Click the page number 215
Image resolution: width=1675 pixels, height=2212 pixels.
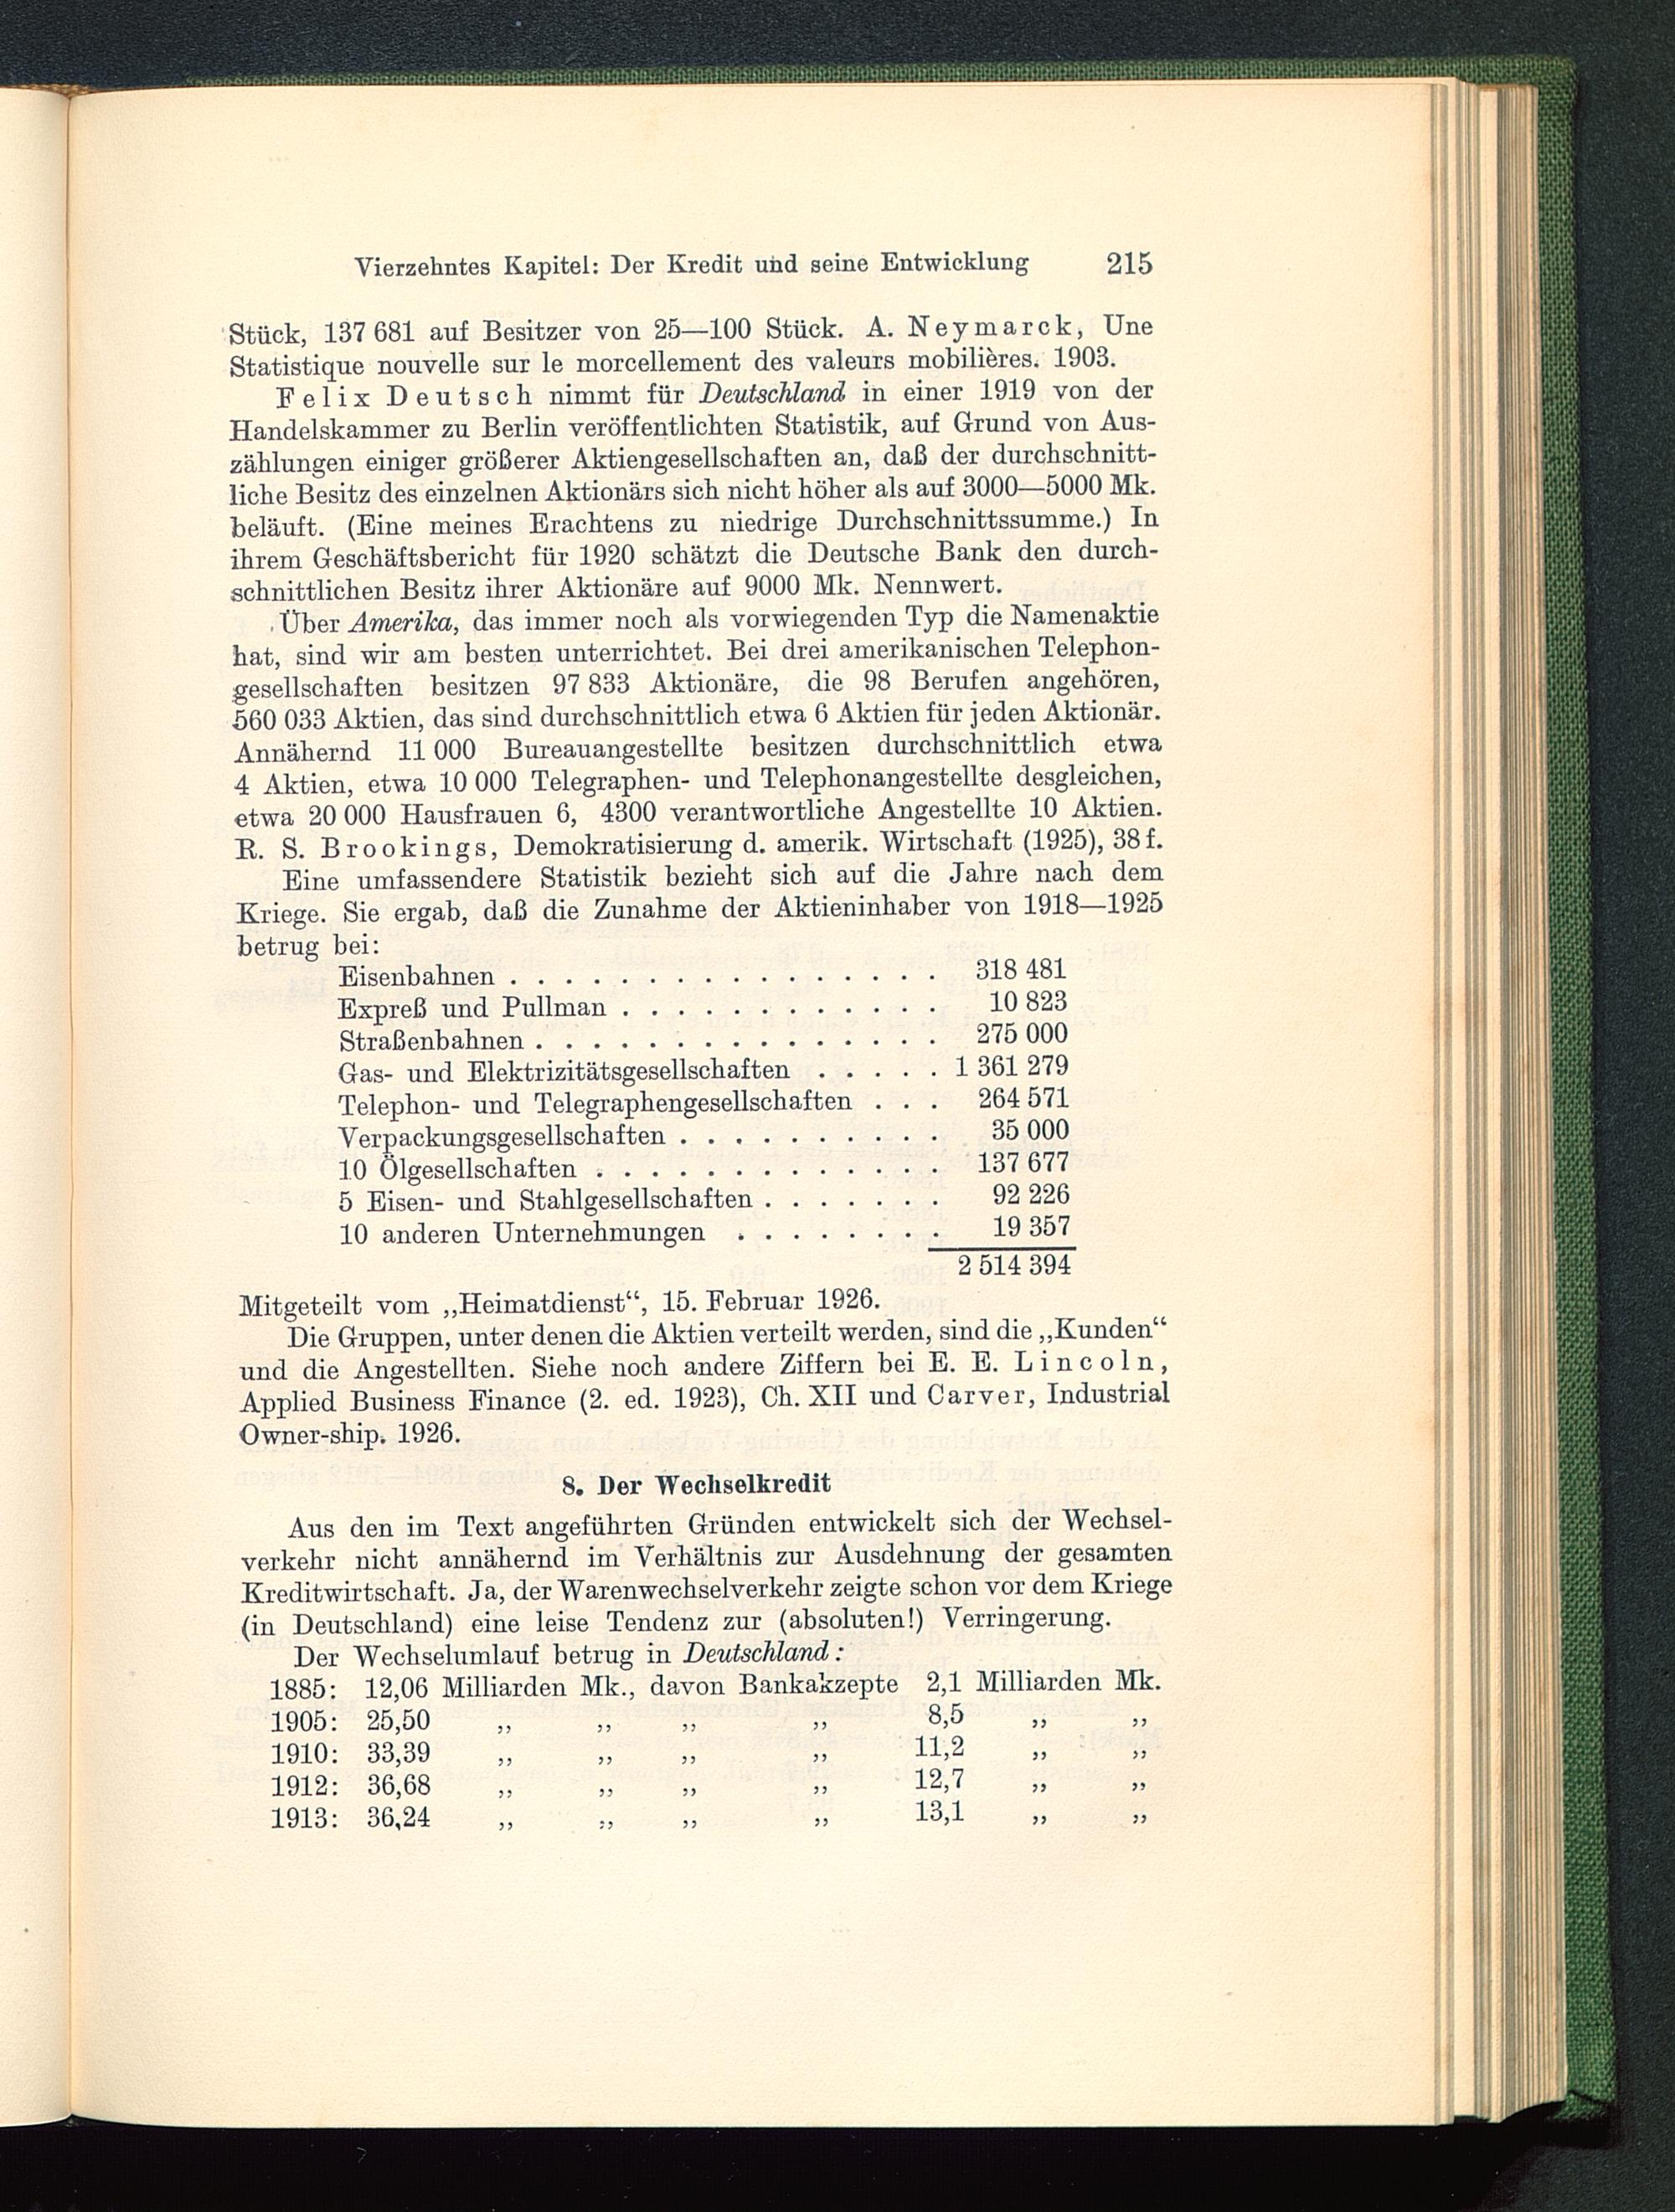[1129, 264]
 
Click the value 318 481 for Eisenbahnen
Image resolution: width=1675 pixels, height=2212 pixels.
[1020, 970]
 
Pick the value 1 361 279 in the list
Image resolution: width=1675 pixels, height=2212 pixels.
[1011, 1067]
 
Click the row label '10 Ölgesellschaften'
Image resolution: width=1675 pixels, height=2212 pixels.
[457, 1169]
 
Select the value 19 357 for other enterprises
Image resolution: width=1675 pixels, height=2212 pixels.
[1030, 1227]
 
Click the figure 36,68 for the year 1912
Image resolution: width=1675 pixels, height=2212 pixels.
[397, 1783]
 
